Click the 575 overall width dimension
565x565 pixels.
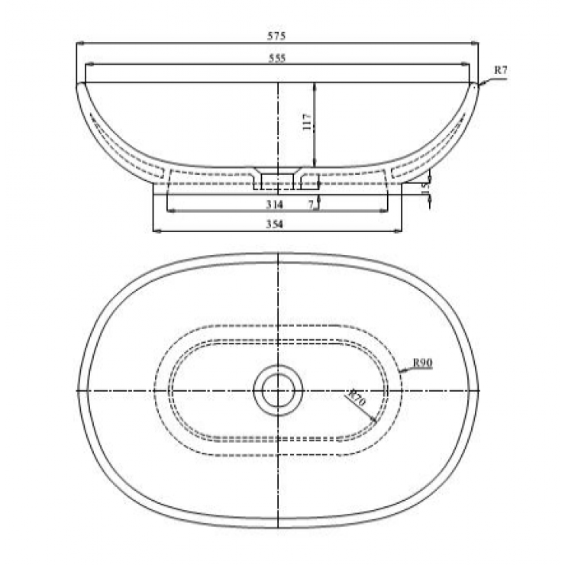(x=276, y=37)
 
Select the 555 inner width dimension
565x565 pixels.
(x=276, y=58)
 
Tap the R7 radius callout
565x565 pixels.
(x=500, y=70)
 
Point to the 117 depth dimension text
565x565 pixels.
(x=307, y=121)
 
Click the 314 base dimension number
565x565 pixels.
(x=275, y=205)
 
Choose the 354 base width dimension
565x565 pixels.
(x=275, y=224)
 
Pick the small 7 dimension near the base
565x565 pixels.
(x=311, y=204)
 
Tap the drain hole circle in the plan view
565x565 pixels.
(x=277, y=390)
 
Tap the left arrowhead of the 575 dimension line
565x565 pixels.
(x=79, y=44)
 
